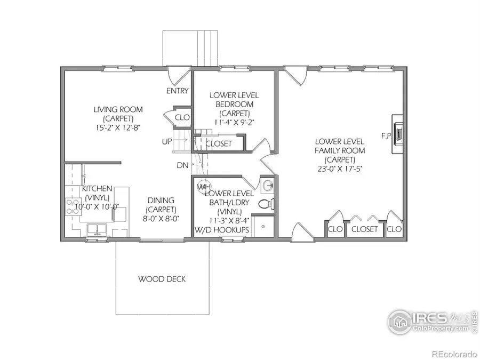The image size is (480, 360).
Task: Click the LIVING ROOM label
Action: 118,109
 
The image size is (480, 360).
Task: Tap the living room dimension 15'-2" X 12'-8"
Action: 118,127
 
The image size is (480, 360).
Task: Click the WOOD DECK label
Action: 162,279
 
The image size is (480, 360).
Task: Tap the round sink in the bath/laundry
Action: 268,186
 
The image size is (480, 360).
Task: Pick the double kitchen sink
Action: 97,230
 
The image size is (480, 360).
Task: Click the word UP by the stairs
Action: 167,142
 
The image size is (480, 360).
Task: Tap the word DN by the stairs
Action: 182,165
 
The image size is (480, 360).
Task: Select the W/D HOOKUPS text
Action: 222,229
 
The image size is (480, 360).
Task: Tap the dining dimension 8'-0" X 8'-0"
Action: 161,218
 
